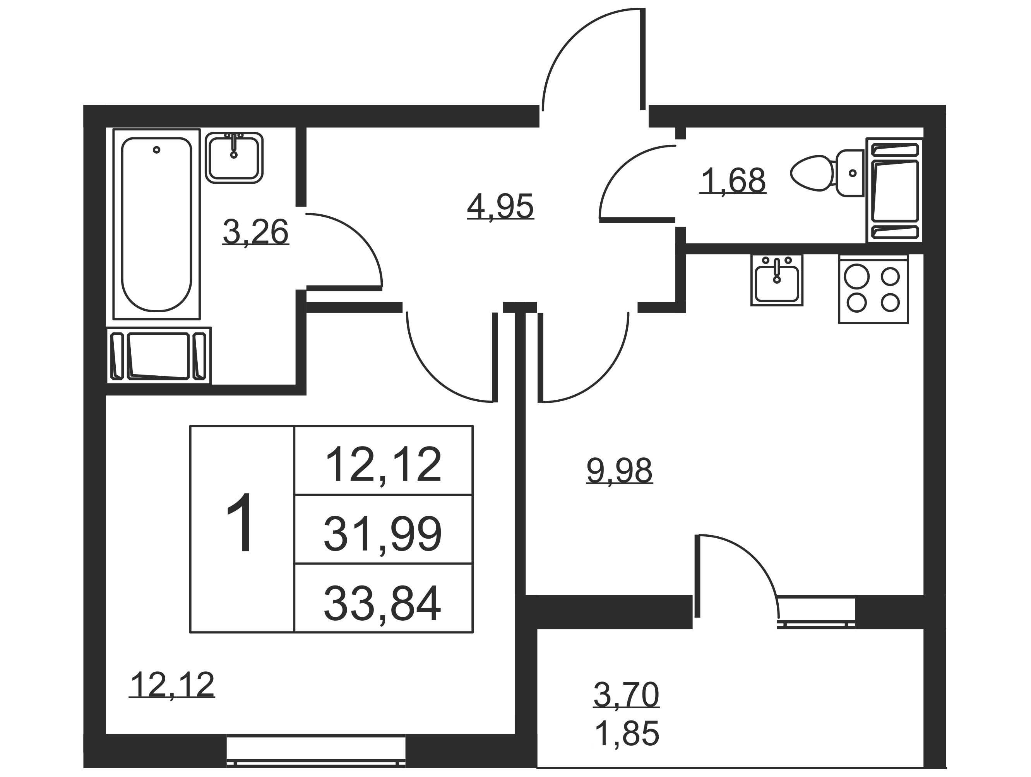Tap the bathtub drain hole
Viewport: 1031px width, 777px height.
tap(157, 150)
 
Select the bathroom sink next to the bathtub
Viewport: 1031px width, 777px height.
tap(234, 157)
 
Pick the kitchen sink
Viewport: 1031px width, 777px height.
tap(776, 281)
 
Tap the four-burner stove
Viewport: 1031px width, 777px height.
tap(873, 289)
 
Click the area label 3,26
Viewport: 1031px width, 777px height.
tap(255, 232)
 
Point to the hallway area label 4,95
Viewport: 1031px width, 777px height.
tap(500, 207)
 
